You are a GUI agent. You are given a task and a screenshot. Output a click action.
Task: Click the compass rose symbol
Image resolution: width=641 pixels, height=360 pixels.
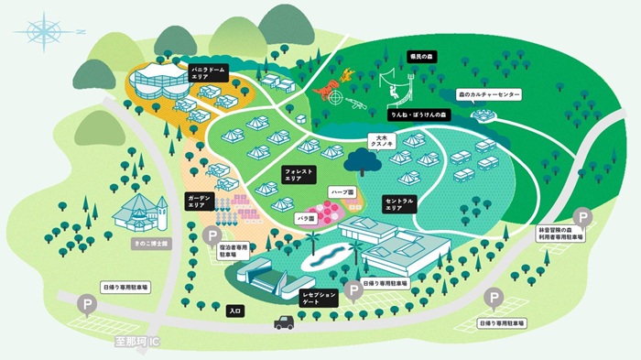click(x=44, y=31)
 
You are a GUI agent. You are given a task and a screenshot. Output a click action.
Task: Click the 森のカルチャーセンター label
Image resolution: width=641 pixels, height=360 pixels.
click(x=489, y=94)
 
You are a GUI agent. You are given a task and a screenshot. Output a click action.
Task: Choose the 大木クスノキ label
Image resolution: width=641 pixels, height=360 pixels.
click(x=380, y=142)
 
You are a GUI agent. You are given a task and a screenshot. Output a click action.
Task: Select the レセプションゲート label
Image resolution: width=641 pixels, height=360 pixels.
click(x=320, y=295)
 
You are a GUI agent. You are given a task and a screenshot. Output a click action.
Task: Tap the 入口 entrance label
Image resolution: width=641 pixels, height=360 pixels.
click(x=234, y=311)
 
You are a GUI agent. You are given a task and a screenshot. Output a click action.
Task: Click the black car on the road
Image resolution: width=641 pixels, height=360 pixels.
click(x=285, y=322)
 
